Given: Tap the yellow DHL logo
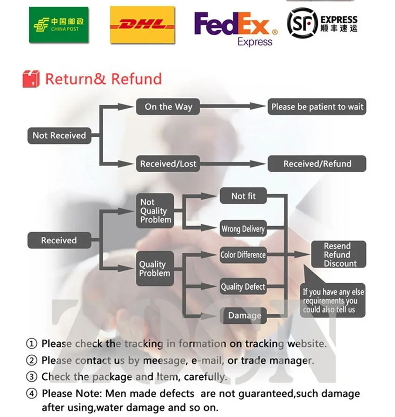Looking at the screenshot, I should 142,25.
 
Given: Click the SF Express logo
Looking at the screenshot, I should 322,22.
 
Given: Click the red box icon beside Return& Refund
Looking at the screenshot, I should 31,78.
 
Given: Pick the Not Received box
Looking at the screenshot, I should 59,136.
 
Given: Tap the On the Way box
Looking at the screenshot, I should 168,107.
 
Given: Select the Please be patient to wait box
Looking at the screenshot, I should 317,107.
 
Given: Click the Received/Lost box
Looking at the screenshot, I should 168,163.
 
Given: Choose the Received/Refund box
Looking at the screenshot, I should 317,163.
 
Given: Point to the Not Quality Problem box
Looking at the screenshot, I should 155,211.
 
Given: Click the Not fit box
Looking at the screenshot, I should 244,196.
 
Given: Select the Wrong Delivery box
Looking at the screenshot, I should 243,229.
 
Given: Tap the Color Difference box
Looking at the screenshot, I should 243,254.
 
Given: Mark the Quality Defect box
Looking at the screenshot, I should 243,287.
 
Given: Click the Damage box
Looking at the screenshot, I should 244,316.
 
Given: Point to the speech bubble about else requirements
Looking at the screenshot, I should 333,300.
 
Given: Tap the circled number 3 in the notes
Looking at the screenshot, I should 32,377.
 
